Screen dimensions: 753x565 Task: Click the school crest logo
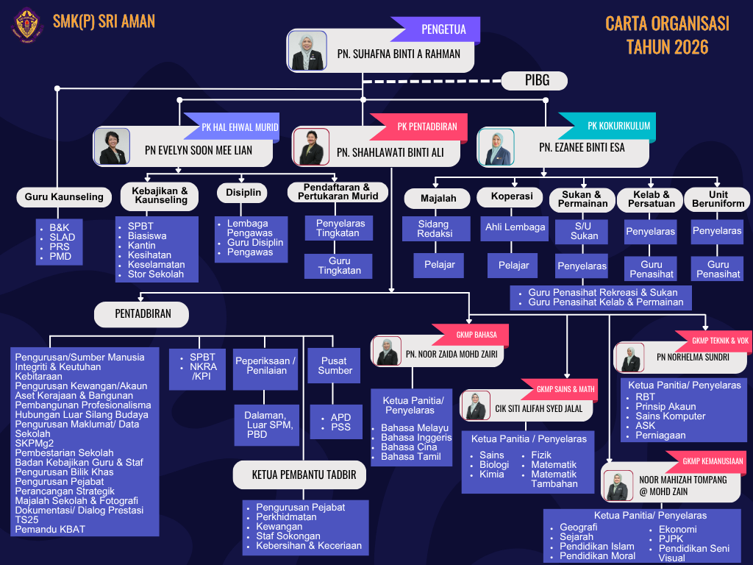point(27,24)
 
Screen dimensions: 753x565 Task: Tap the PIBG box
point(535,80)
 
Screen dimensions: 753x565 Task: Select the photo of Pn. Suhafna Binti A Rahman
point(307,51)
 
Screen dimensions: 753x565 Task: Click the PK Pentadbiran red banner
point(419,127)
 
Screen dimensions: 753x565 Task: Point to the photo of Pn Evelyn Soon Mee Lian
point(112,146)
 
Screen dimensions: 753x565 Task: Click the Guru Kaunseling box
point(65,197)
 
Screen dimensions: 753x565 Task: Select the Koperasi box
point(512,196)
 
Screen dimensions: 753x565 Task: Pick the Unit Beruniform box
point(718,199)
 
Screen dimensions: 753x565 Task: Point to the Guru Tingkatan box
point(338,266)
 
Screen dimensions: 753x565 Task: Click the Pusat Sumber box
point(334,366)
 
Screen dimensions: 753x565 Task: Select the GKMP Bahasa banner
point(470,335)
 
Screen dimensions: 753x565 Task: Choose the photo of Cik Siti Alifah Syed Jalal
point(476,406)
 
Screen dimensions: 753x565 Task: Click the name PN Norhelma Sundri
point(693,358)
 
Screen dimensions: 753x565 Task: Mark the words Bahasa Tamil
point(410,457)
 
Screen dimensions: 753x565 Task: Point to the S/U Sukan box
point(582,231)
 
